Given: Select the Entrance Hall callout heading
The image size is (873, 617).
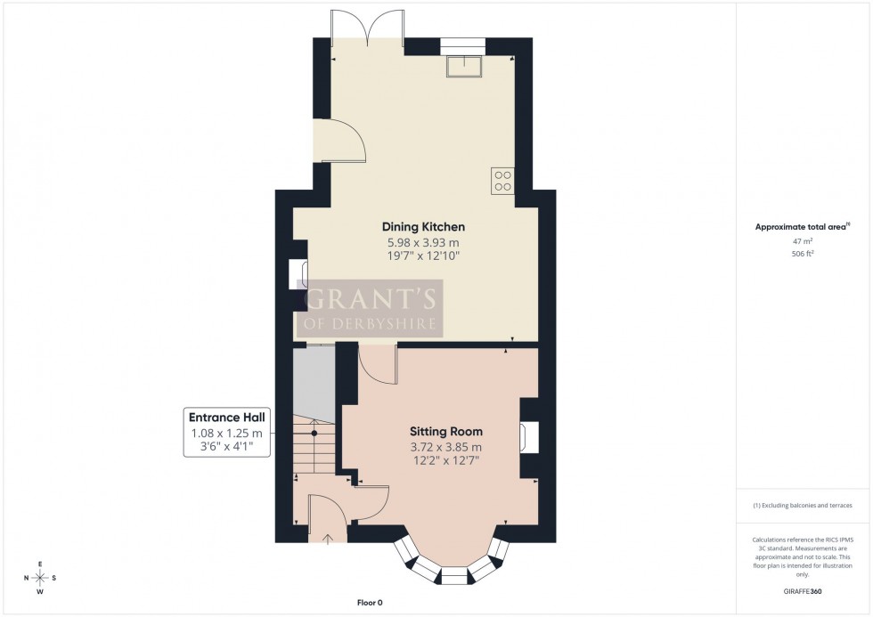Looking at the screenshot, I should (x=226, y=417).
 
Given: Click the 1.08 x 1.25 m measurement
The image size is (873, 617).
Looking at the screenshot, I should (x=226, y=433).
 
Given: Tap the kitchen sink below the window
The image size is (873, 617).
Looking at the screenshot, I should (x=464, y=64).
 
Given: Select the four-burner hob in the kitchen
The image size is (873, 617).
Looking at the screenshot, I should (x=502, y=181).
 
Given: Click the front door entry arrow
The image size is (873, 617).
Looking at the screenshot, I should (x=327, y=538).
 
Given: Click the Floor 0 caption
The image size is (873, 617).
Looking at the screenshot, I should (x=366, y=603).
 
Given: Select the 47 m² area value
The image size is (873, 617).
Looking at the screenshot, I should (x=804, y=240).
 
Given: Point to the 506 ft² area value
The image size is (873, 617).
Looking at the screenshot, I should (x=804, y=253).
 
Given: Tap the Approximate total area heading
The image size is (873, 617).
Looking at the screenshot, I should (x=802, y=226).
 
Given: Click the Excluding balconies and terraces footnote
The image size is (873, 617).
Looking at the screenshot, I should (x=803, y=506).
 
